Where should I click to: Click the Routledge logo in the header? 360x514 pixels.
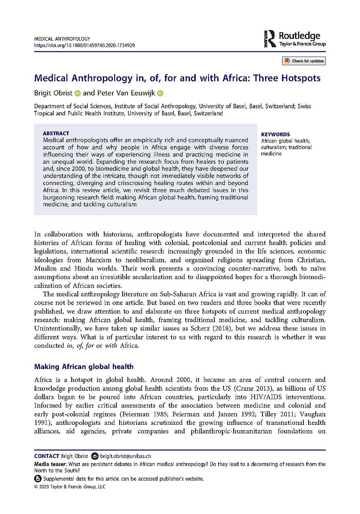tap(295, 39)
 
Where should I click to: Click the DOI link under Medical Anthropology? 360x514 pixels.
tap(84, 45)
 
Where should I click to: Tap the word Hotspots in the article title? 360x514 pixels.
tap(301, 78)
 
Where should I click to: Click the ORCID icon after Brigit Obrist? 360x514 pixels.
tap(78, 93)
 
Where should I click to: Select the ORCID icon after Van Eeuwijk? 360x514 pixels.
tap(160, 93)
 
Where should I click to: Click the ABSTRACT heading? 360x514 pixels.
tap(56, 133)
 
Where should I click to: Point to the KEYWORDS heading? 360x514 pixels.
tap(275, 134)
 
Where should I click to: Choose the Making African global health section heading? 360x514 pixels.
tap(84, 367)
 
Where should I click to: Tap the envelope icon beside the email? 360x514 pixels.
tap(95, 456)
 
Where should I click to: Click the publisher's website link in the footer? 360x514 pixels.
tap(181, 479)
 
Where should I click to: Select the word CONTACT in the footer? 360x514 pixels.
tap(46, 456)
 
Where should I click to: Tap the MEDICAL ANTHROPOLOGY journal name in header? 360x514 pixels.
tap(62, 39)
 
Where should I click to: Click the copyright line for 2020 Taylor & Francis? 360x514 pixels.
tap(70, 487)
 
